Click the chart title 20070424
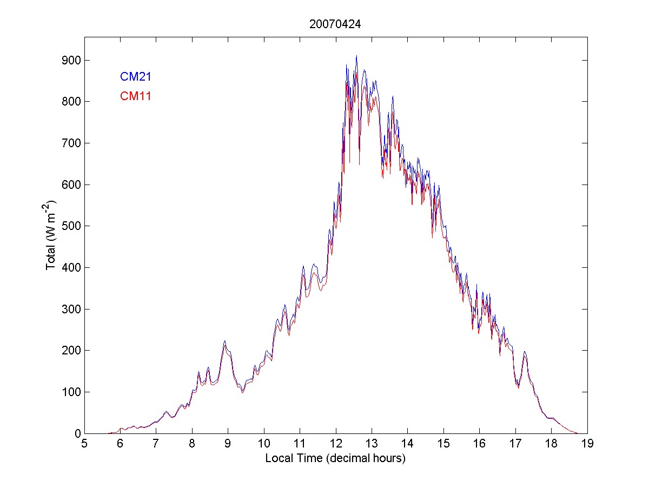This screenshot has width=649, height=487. [335, 24]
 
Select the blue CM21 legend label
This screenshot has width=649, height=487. [135, 77]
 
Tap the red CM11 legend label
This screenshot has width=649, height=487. [135, 96]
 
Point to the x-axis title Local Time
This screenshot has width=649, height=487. [335, 458]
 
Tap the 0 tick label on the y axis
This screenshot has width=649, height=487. [76, 433]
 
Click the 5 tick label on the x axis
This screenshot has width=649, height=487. [84, 444]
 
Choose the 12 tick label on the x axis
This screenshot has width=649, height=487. [335, 444]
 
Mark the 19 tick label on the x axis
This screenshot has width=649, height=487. [587, 444]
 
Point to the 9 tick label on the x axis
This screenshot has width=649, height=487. [228, 444]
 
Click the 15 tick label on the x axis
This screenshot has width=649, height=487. [443, 444]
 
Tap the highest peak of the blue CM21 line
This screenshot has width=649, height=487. [356, 56]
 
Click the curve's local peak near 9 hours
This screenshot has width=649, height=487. [224, 341]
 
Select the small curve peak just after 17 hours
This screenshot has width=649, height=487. [525, 352]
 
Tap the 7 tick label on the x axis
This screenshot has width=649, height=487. [156, 444]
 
